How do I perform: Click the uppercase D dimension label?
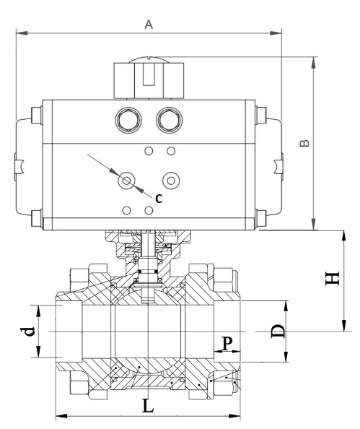click(278, 331)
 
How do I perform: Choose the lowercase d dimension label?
click(27, 331)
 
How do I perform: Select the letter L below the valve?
click(147, 405)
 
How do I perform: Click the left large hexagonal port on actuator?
click(128, 117)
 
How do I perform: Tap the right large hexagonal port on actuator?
click(170, 117)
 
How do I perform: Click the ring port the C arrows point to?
click(128, 180)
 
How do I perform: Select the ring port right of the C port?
click(170, 180)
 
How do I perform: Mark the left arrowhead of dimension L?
click(60, 416)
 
